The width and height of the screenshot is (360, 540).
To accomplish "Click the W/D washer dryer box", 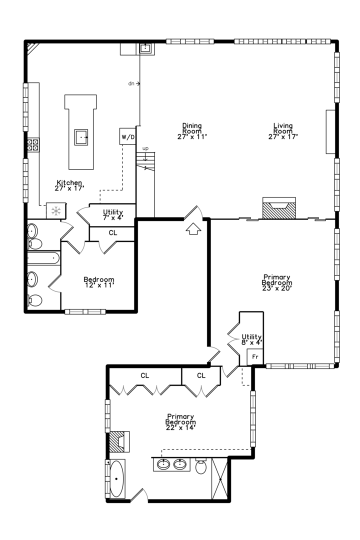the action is [127, 136].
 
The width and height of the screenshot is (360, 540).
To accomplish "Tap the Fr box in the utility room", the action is [255, 357].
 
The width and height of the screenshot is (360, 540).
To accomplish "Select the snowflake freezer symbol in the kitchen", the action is [56, 211].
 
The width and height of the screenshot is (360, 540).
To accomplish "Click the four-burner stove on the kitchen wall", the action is [33, 144].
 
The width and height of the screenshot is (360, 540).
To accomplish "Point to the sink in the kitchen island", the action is [81, 137].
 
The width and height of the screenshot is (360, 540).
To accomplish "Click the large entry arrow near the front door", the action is [193, 228].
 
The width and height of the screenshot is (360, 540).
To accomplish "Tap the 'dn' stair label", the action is [131, 83].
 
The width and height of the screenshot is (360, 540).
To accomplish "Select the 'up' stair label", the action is [145, 148].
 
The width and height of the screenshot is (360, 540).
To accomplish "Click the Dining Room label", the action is [192, 131].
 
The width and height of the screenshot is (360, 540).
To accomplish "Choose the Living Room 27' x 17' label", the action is [283, 131].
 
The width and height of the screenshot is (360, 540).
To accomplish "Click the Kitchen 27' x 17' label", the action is [69, 185].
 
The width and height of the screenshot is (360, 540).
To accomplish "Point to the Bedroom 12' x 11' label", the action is [99, 282].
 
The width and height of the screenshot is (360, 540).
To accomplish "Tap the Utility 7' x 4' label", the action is [113, 214].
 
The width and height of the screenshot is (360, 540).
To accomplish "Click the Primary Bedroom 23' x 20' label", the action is [277, 282].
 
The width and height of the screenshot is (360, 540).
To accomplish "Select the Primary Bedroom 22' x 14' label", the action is [180, 422].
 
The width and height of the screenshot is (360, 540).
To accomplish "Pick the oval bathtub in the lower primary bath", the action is [117, 478].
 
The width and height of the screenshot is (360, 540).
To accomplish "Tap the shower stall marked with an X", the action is [220, 478].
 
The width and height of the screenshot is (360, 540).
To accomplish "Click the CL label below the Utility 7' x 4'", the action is [113, 233].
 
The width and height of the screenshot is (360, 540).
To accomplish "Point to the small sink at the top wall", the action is [145, 48].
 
